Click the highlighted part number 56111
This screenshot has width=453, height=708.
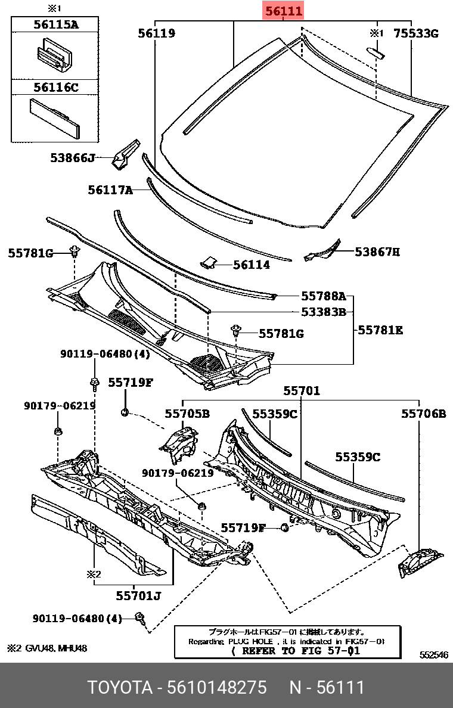pos(284,11)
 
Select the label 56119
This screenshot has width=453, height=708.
pos(156,33)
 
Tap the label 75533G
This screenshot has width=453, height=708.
pos(415,33)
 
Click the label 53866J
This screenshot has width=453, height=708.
pos(73,158)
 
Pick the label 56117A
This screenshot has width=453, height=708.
pos(110,190)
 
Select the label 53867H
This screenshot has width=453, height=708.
pos(377,252)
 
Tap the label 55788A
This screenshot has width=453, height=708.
pos(323,296)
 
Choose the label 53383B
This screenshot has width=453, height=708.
pos(323,311)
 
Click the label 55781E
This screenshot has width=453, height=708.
pos(380,329)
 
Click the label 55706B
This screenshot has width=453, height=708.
pos(423,413)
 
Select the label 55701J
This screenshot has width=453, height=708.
pos(139,595)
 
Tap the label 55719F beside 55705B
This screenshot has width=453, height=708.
pos(131,383)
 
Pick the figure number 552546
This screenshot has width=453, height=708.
pos(433,655)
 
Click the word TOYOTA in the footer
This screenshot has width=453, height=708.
pos(119,687)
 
